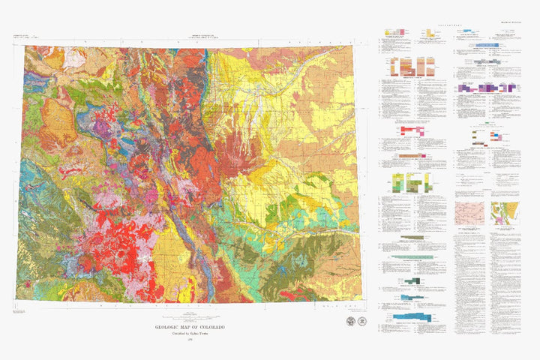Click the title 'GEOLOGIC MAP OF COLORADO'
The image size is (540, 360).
point(189,327)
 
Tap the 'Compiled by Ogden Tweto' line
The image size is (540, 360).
point(189,334)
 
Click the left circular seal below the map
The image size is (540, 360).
point(352,320)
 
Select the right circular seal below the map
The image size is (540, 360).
point(363,320)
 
